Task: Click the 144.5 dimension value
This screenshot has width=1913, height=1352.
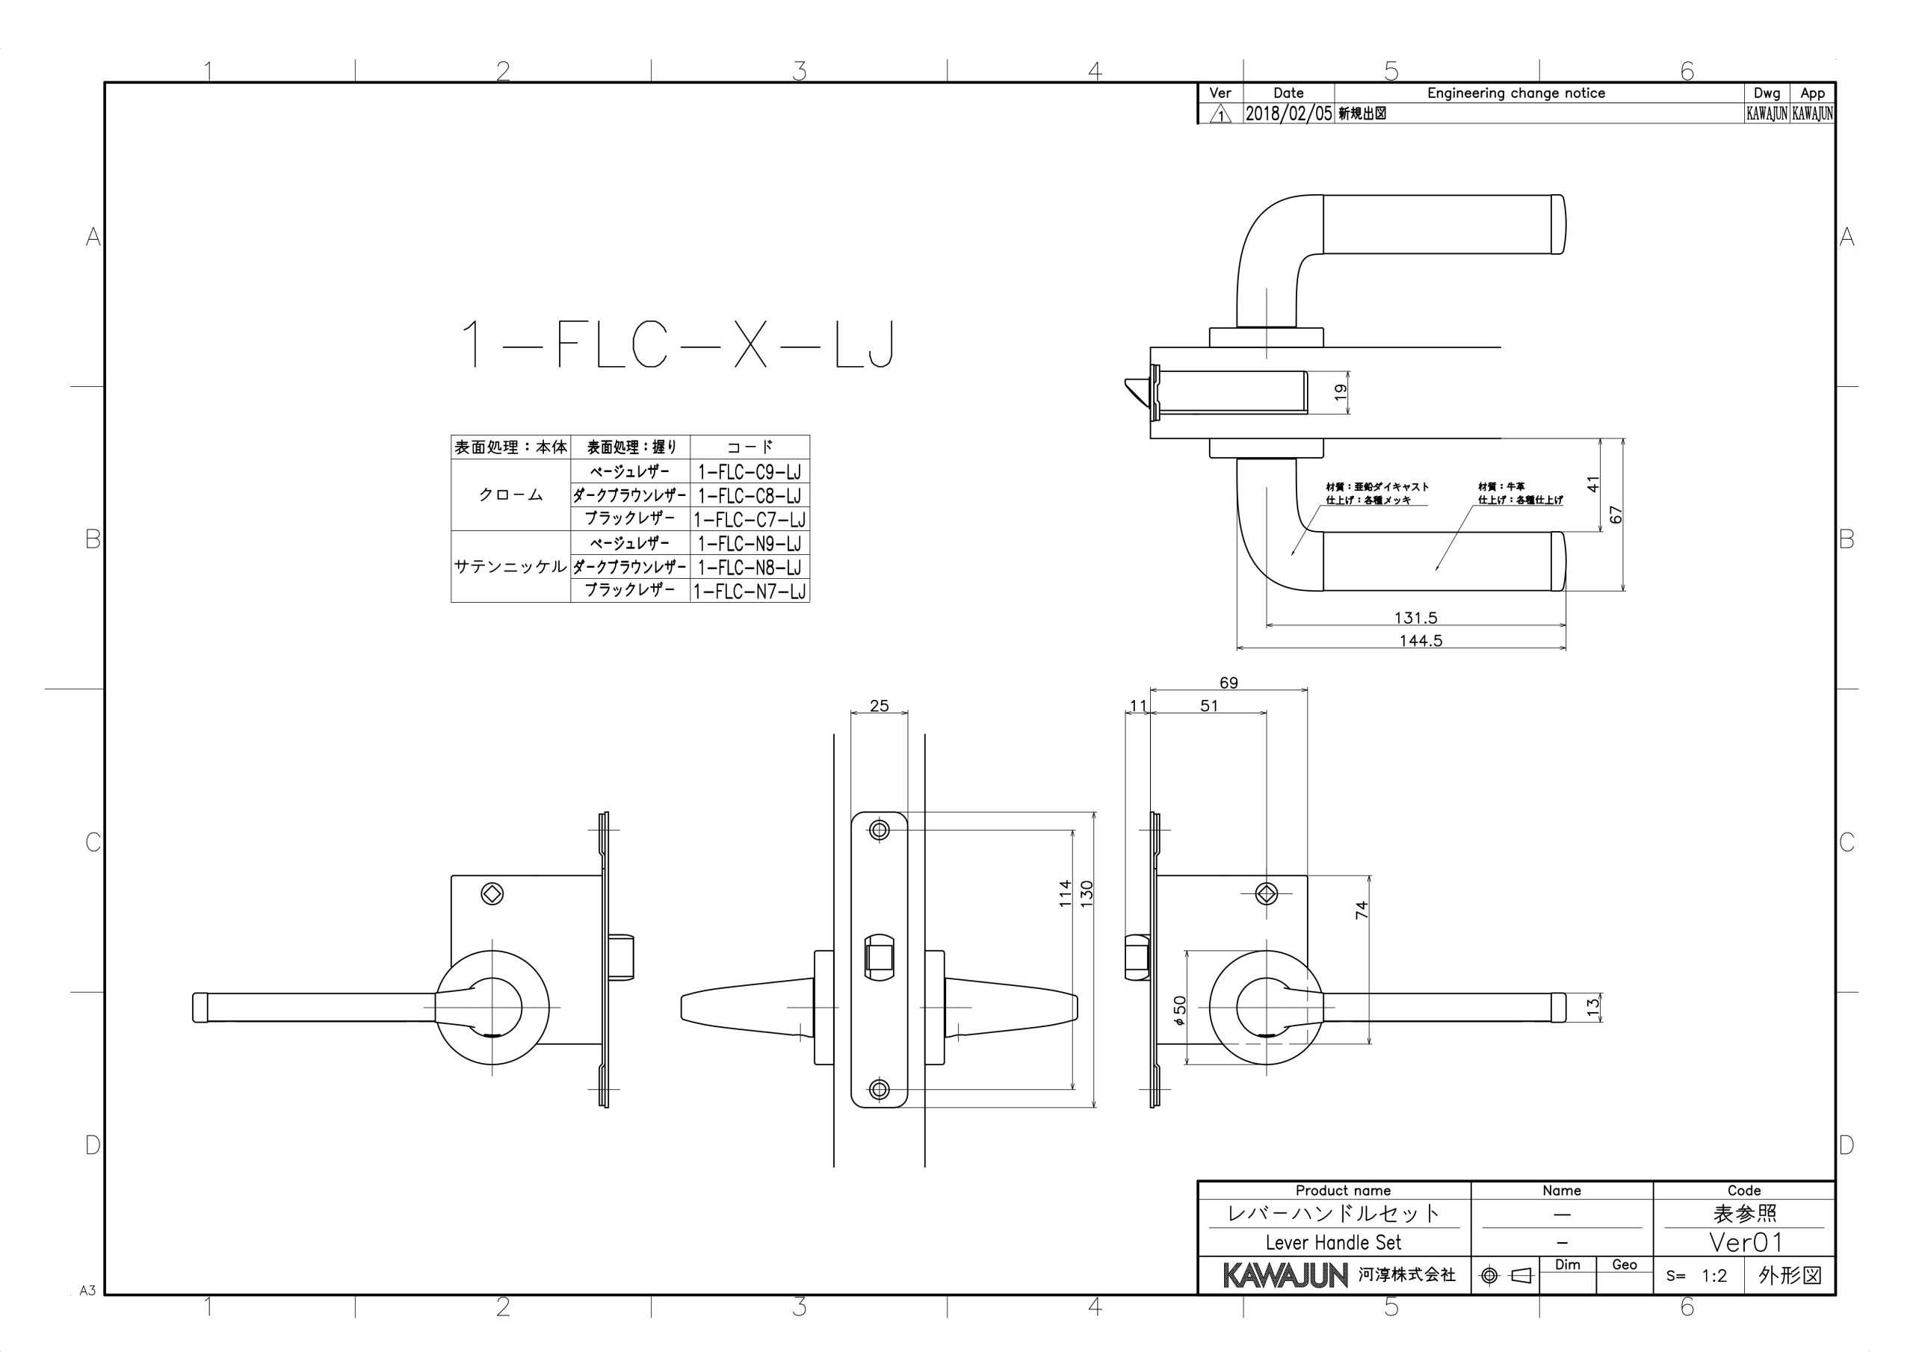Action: click(x=1421, y=641)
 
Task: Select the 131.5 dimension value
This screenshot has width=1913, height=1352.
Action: click(x=1415, y=618)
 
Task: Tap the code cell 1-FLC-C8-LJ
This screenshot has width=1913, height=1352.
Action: click(x=749, y=496)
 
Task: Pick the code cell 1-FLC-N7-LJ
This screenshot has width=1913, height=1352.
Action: click(x=749, y=592)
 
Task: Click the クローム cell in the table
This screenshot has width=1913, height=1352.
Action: click(x=510, y=494)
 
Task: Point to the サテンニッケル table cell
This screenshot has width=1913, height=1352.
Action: click(x=510, y=566)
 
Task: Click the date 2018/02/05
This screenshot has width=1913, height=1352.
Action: click(x=1288, y=114)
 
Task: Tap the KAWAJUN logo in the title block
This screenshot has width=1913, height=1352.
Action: click(x=1285, y=1275)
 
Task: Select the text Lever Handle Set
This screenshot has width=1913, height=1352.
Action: click(x=1333, y=1243)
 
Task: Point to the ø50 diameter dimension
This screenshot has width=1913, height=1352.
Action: click(x=1179, y=1010)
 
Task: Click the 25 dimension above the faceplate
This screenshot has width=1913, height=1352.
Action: click(x=879, y=706)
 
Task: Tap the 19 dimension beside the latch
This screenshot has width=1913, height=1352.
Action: click(x=1341, y=392)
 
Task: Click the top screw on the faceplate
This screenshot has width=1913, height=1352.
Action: click(x=879, y=830)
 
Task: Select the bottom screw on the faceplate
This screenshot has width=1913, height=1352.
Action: click(x=879, y=1089)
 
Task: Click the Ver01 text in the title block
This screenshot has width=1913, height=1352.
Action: click(x=1745, y=1242)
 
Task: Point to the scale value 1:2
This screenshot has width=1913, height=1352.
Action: click(x=1714, y=1275)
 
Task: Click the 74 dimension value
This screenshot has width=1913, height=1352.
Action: click(x=1362, y=910)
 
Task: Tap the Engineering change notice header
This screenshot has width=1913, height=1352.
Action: click(x=1515, y=93)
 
